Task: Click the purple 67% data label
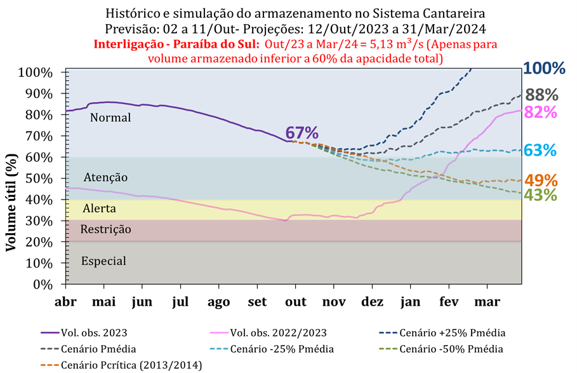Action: click(x=302, y=133)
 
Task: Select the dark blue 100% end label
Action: click(x=544, y=69)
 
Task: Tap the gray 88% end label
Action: click(x=543, y=95)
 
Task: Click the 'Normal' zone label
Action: click(x=110, y=118)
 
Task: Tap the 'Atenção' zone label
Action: click(x=105, y=177)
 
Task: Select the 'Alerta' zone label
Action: click(x=100, y=208)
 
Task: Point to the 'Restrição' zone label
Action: click(x=106, y=229)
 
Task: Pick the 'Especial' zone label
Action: click(x=104, y=261)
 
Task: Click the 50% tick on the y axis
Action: click(x=48, y=179)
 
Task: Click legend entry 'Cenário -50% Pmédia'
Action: click(x=460, y=349)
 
